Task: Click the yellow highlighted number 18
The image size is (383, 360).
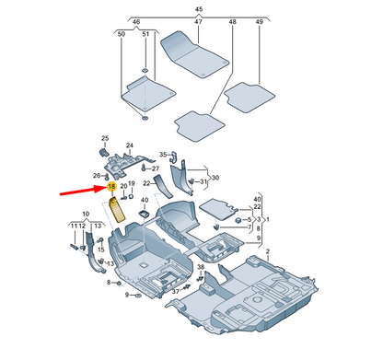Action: [x=111, y=187]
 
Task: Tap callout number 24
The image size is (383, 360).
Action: [x=129, y=145]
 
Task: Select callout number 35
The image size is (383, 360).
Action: [x=162, y=154]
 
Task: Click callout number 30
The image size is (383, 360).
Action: [x=215, y=177]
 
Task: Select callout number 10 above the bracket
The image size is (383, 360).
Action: [x=87, y=215]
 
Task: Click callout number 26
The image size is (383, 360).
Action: [x=96, y=177]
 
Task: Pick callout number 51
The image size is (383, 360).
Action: [x=145, y=34]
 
